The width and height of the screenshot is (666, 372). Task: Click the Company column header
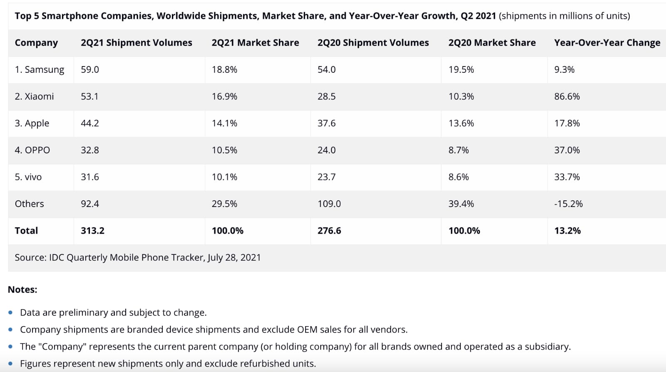[x=36, y=43]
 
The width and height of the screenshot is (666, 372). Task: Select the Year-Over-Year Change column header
[x=607, y=43]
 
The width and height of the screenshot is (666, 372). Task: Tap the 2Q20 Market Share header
[x=492, y=43]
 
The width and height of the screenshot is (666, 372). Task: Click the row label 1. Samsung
[x=40, y=69]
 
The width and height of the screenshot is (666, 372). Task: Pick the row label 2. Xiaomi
[x=34, y=96]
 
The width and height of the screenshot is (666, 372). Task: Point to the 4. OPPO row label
[x=32, y=150]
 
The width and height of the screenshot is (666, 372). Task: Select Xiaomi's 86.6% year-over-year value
[x=567, y=96]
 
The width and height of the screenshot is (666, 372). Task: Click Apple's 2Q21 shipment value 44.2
[x=89, y=123]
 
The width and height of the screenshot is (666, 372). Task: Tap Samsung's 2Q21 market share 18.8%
[x=224, y=69]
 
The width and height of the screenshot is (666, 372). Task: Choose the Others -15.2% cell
[x=568, y=204]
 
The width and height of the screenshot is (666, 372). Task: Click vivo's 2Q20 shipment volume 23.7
[x=326, y=177]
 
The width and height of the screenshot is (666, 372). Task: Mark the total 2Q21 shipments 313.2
[x=92, y=231]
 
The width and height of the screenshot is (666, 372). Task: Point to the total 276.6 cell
[x=329, y=231]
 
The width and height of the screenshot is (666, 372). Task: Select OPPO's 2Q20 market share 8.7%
[x=458, y=150]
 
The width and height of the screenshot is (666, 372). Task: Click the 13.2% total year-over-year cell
[x=567, y=231]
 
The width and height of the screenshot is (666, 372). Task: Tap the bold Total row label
[x=26, y=231]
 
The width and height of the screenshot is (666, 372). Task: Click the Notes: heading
[x=22, y=290]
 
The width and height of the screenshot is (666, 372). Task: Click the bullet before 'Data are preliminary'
[x=10, y=312]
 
